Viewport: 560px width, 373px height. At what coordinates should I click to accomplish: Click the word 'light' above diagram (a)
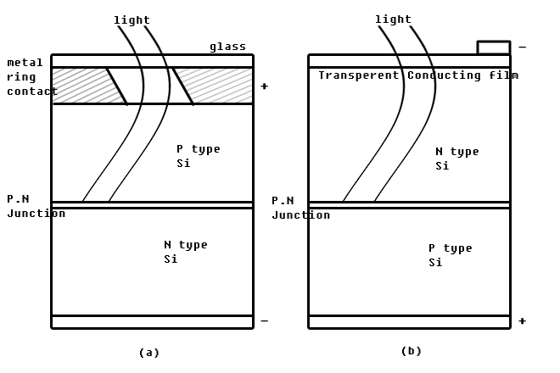(x=132, y=20)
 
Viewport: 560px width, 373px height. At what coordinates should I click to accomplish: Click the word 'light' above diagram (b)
(x=393, y=19)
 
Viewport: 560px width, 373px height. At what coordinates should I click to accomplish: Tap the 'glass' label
(x=228, y=47)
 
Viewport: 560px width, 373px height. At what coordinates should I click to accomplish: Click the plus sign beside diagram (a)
(x=264, y=86)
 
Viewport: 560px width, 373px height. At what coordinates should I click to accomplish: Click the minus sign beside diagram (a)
(x=264, y=321)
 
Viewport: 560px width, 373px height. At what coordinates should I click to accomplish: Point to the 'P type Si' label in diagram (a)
(x=198, y=156)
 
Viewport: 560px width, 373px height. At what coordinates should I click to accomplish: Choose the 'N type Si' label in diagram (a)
(x=185, y=252)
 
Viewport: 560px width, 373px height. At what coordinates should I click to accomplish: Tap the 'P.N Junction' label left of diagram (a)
(x=36, y=206)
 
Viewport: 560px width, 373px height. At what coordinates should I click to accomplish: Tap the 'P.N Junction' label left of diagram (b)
(x=300, y=208)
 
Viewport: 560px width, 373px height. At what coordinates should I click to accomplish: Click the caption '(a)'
(x=149, y=353)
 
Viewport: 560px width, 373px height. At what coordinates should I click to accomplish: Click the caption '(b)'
(x=412, y=351)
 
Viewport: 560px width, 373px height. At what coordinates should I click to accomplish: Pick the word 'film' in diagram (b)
(x=505, y=75)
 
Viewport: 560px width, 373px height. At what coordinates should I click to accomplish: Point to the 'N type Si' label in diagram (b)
(x=456, y=159)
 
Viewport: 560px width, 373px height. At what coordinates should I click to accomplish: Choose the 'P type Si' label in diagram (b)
(x=450, y=255)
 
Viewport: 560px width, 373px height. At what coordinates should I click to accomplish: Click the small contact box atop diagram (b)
(x=494, y=47)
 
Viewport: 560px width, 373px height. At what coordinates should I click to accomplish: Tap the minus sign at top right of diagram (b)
(x=522, y=47)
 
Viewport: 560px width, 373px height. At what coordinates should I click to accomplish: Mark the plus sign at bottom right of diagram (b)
(x=522, y=321)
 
